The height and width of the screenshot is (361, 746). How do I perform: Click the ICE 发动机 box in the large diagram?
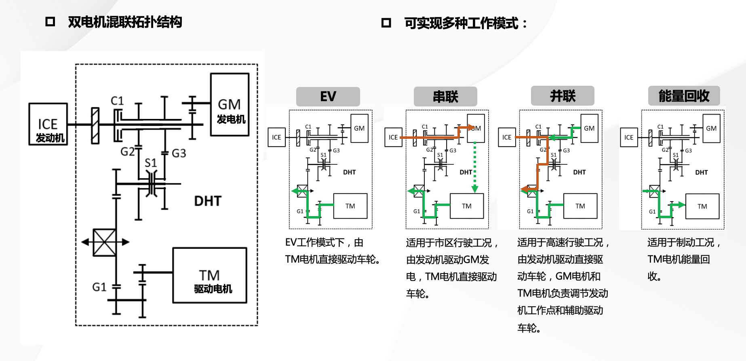pos(48,124)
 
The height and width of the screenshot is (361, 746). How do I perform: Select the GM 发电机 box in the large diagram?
pos(230,105)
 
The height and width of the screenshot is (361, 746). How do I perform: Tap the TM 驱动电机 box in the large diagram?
pos(209,276)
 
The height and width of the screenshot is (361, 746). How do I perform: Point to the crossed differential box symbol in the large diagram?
pos(105,242)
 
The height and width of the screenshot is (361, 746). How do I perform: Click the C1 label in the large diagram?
pos(117,101)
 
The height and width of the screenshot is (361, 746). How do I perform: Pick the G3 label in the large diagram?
pos(179,153)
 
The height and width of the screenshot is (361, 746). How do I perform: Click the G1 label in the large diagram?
pos(99,287)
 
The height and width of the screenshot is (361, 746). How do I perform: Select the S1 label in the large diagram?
pos(150,163)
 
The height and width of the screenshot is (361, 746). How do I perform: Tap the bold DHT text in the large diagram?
pos(208,201)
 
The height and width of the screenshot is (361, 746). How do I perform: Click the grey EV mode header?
pos(328,97)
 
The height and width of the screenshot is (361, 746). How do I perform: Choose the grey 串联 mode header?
pos(445,97)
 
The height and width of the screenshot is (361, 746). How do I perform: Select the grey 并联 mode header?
pos(563,96)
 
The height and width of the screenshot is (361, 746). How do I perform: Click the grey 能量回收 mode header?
pos(684,96)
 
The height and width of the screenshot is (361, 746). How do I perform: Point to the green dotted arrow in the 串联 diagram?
pos(475,166)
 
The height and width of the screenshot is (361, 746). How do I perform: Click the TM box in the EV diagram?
pos(350,206)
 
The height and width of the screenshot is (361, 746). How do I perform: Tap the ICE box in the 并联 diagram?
pos(507,137)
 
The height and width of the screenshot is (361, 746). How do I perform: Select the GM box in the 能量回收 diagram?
pos(711,128)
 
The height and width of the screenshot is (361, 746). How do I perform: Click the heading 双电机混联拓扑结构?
pos(125,22)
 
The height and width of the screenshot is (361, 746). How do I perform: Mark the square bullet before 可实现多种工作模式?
pos(386,23)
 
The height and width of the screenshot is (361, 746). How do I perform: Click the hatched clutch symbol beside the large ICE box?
pos(95,125)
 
